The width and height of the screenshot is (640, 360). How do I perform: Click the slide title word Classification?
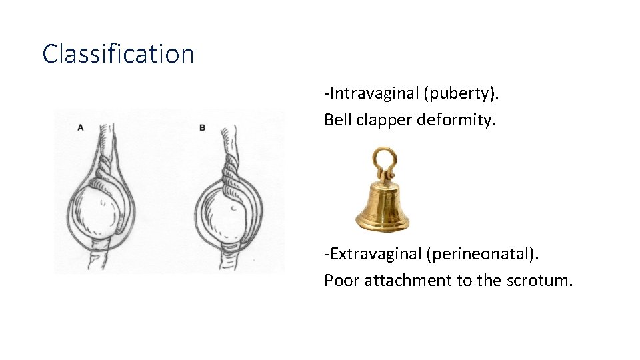tap(118, 53)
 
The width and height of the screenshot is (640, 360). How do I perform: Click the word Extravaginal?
tap(375, 254)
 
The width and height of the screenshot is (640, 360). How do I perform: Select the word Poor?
tap(339, 280)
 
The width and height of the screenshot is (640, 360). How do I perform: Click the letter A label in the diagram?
tap(81, 127)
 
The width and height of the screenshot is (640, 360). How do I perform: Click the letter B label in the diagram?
tap(202, 127)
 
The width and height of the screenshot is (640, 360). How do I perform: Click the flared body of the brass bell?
tap(382, 207)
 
